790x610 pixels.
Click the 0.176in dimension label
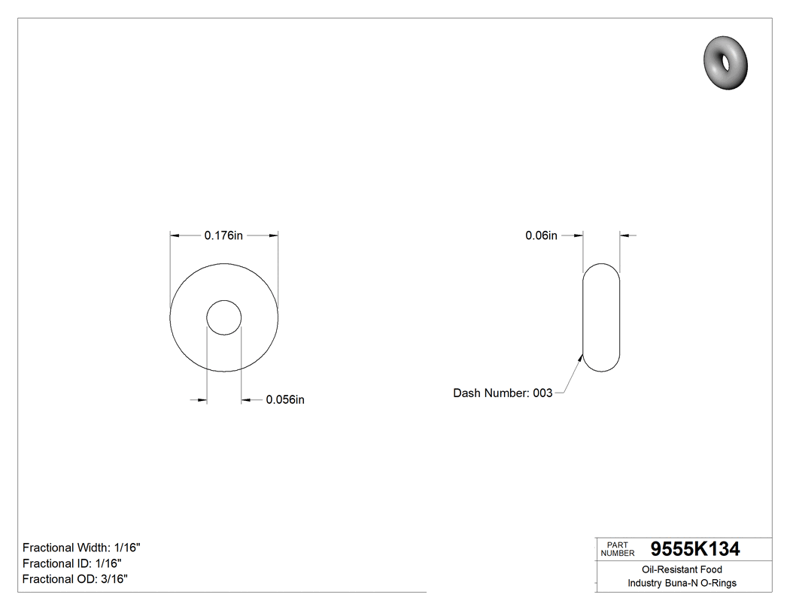point(223,235)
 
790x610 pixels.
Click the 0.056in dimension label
point(285,399)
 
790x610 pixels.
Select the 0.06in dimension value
point(541,235)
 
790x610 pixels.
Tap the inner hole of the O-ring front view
point(224,317)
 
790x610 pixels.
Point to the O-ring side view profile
point(602,317)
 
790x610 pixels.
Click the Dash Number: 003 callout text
point(503,393)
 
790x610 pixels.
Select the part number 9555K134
point(694,549)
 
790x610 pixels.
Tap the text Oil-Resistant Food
point(682,570)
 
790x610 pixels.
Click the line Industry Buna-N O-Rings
point(682,583)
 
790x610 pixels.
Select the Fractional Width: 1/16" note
point(81,548)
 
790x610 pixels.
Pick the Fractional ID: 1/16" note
point(72,563)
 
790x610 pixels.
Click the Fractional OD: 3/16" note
point(75,579)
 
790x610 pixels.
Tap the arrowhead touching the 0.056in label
point(245,399)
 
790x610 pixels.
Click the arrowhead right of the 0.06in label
point(624,235)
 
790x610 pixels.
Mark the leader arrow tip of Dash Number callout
point(583,355)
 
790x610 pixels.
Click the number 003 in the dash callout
point(542,393)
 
